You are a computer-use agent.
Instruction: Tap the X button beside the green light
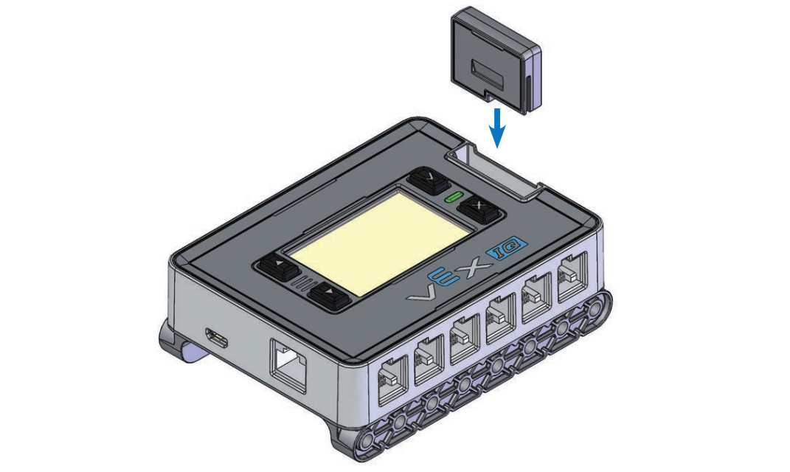(x=479, y=209)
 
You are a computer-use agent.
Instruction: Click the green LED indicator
(x=452, y=197)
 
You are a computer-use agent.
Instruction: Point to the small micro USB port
(x=217, y=339)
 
